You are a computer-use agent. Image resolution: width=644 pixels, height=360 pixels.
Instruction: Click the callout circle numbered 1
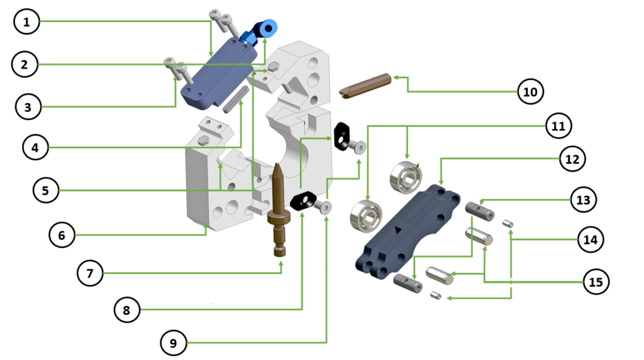[x=26, y=21]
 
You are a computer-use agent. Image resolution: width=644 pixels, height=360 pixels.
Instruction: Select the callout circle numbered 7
[x=90, y=273]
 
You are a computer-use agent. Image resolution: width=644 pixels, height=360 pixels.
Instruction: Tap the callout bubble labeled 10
[x=530, y=91]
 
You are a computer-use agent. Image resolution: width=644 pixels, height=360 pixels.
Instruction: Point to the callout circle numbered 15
[x=596, y=282]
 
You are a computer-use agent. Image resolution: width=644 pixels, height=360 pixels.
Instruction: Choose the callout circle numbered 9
[x=174, y=343]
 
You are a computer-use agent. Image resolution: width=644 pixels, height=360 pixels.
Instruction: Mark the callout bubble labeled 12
[x=572, y=159]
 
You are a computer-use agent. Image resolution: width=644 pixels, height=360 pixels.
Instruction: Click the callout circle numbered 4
[x=35, y=147]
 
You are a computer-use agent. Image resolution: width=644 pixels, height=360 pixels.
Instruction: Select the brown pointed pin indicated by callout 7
[x=279, y=210]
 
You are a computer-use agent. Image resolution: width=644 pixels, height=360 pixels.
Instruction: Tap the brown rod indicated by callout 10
[x=365, y=86]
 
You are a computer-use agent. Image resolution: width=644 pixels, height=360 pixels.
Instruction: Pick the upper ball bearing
[x=406, y=177]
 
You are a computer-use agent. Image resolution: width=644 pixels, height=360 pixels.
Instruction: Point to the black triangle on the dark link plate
[x=397, y=230]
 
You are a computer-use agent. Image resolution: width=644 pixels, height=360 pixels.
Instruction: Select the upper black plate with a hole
[x=340, y=136]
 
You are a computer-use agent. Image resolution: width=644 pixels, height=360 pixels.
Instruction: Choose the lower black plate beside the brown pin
[x=303, y=201]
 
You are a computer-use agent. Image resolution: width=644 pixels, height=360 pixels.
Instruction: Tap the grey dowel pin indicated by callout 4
[x=235, y=99]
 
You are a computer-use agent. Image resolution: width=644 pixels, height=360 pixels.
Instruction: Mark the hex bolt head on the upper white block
[x=273, y=67]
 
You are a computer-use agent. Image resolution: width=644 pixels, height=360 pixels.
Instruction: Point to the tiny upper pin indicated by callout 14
[x=508, y=223]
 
